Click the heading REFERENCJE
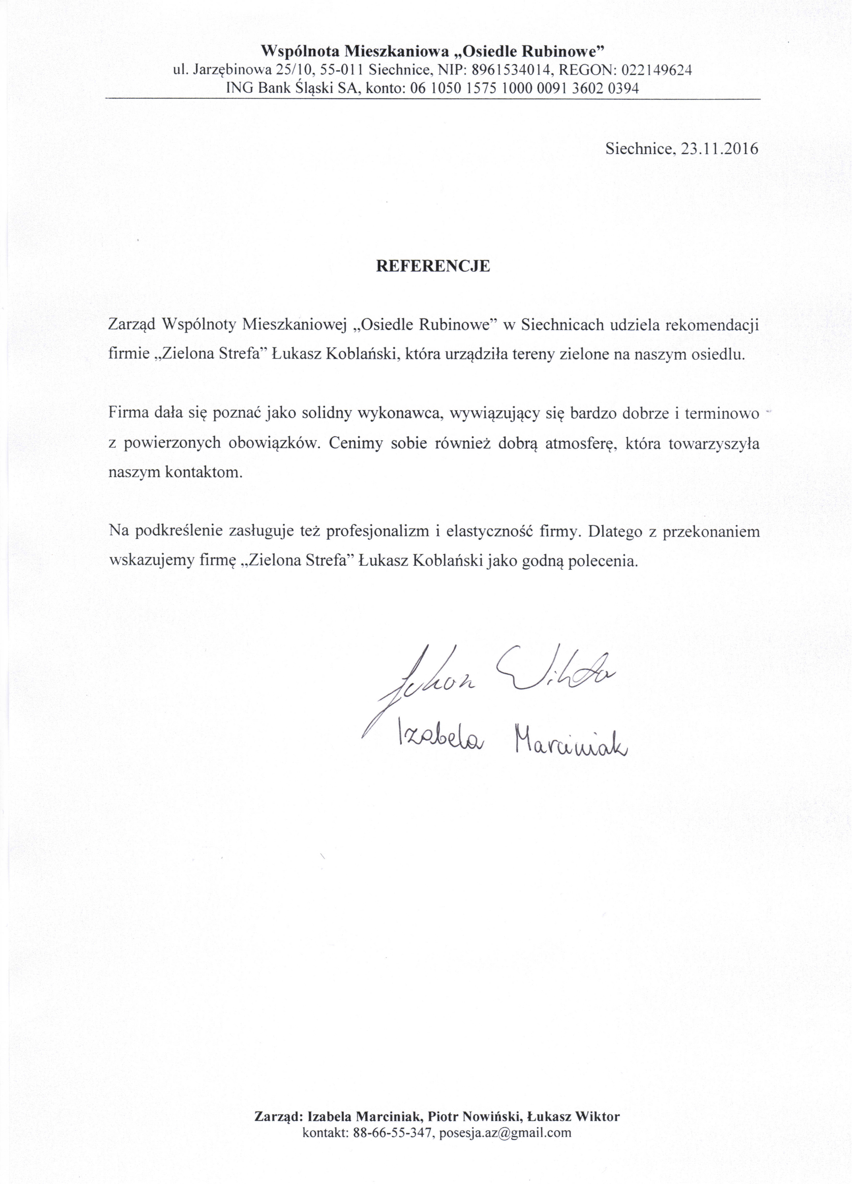pyautogui.click(x=433, y=266)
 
